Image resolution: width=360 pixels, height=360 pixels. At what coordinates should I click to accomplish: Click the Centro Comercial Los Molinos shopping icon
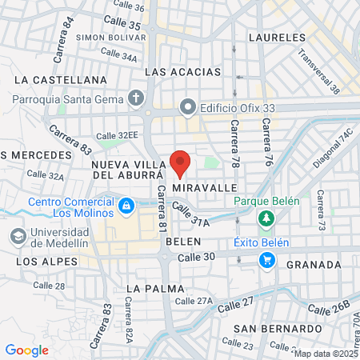point(126,207)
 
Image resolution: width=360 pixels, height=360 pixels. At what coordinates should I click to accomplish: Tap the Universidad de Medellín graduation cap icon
point(17,237)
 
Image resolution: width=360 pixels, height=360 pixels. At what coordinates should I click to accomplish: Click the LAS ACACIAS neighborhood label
point(182,72)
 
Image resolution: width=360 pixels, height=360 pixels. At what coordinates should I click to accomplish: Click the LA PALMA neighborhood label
point(155,288)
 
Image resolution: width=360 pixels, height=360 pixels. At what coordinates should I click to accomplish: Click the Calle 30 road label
point(197,257)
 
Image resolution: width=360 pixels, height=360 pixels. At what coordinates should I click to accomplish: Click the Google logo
point(26,350)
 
